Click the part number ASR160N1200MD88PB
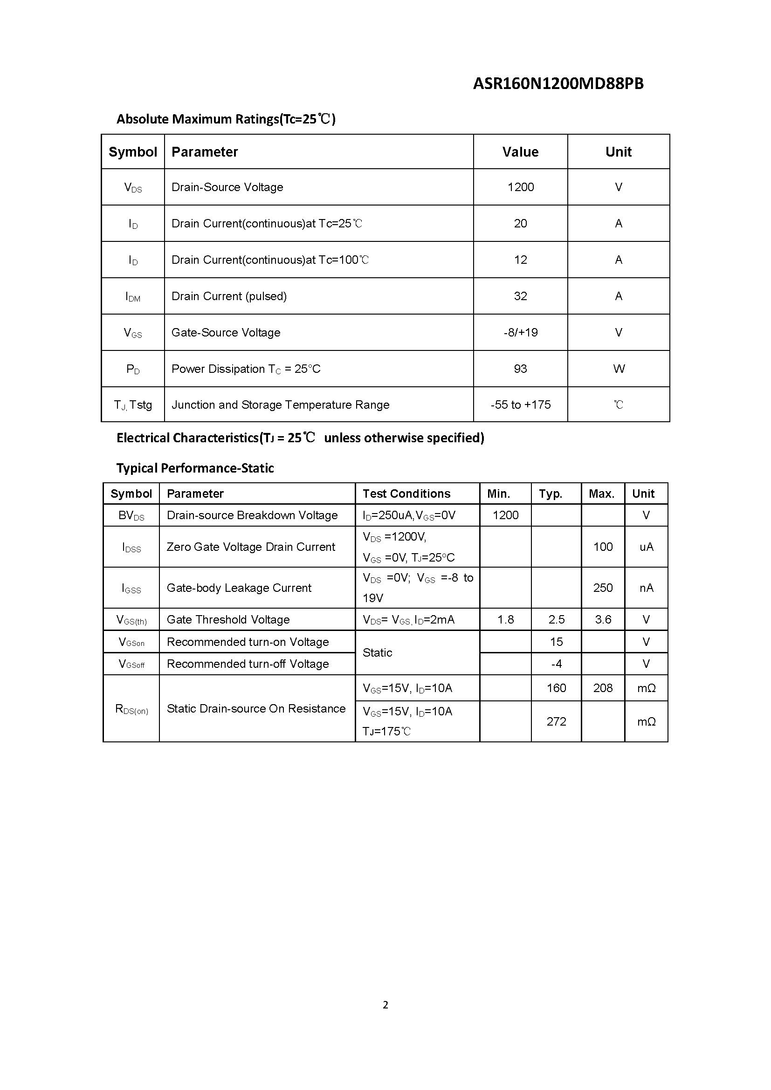click(x=558, y=84)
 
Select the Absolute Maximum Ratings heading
click(x=226, y=119)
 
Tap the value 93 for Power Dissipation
click(x=520, y=369)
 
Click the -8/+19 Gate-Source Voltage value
click(x=520, y=332)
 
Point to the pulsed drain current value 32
click(x=520, y=296)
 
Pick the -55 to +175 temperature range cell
click(x=520, y=405)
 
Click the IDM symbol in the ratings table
click(x=133, y=297)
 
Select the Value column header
click(x=520, y=152)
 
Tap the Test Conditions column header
click(x=406, y=494)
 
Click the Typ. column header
click(x=550, y=494)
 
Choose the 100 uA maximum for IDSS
click(x=603, y=547)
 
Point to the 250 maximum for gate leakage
click(x=603, y=588)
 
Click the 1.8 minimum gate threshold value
click(x=506, y=619)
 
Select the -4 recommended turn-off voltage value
click(x=557, y=664)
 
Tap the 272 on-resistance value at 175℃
click(x=557, y=721)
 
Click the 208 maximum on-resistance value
click(x=603, y=688)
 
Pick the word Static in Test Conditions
click(x=378, y=653)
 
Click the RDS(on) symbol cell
click(x=131, y=709)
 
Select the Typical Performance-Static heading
click(x=195, y=468)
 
